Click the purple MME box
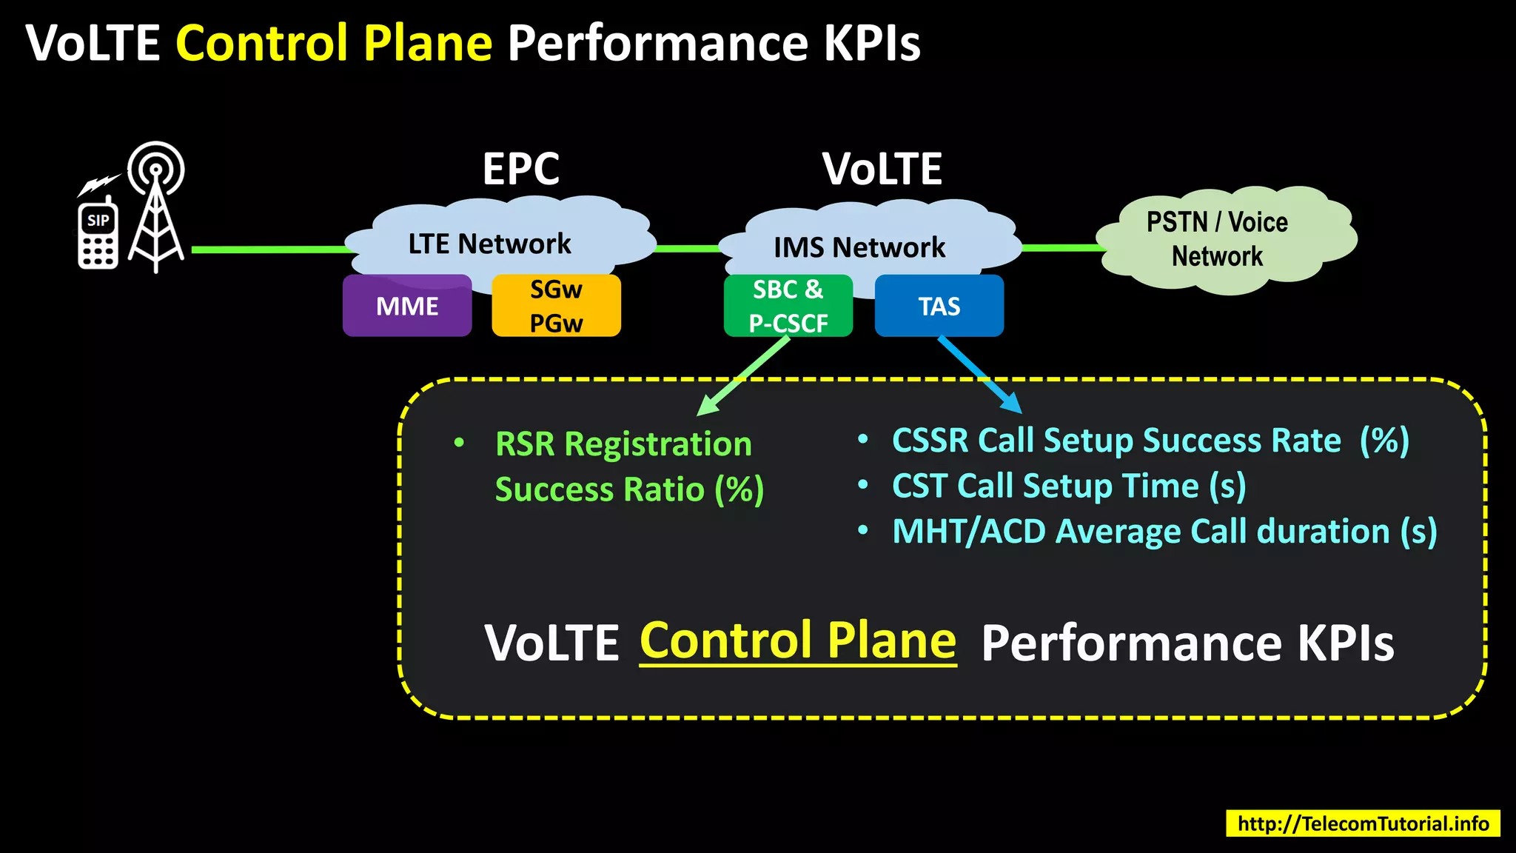tap(407, 306)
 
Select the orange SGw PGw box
tap(556, 306)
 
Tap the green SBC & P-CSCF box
tap(788, 306)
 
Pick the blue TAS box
tap(939, 306)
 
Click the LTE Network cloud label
tap(489, 244)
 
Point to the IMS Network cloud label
tap(859, 247)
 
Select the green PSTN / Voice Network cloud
tap(1225, 239)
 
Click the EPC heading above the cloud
tap(520, 169)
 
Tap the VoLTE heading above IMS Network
tap(882, 169)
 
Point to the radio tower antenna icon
tap(155, 207)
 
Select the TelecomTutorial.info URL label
tap(1363, 823)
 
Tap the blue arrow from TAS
tap(981, 375)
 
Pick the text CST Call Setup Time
tap(1044, 486)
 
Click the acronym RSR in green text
tap(524, 444)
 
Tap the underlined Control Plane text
tap(797, 640)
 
